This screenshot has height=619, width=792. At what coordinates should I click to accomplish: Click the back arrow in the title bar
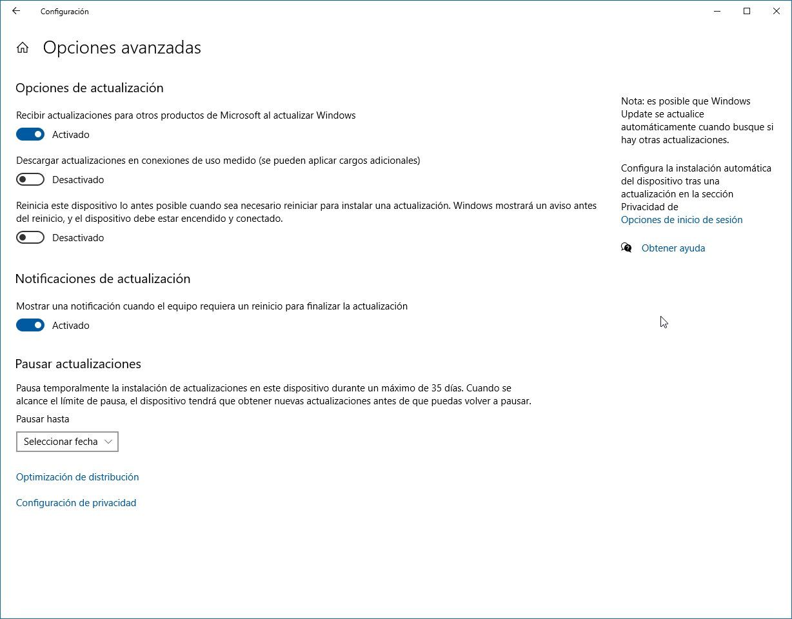point(16,11)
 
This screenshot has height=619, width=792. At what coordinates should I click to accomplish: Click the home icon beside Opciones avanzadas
point(23,48)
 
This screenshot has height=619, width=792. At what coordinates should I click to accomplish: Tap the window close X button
point(777,11)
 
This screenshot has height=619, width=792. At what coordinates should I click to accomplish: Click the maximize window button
point(747,11)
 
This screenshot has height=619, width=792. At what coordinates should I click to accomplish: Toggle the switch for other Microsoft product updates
point(30,134)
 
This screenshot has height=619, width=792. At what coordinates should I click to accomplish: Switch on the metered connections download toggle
point(30,179)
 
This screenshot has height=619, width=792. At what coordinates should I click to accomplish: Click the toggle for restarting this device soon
point(30,237)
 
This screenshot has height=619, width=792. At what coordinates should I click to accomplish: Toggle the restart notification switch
point(30,325)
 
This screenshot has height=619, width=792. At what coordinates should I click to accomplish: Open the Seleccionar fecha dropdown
point(67,442)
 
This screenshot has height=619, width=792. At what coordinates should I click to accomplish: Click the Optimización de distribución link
point(77,477)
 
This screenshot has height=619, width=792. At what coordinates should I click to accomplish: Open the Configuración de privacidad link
point(76,503)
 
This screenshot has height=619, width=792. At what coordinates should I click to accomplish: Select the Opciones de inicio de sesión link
point(682,220)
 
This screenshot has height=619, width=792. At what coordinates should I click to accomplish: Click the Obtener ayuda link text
point(673,248)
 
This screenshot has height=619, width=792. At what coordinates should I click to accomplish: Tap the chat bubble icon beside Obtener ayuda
point(626,248)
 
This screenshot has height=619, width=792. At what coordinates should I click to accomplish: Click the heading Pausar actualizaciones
point(78,364)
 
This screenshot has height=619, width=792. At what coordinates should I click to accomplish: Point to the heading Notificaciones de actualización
point(103,279)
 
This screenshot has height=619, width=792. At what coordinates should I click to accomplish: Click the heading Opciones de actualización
point(89,88)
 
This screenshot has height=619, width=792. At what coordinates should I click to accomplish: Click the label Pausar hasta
point(43,419)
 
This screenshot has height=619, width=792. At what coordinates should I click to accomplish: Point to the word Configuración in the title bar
point(64,12)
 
